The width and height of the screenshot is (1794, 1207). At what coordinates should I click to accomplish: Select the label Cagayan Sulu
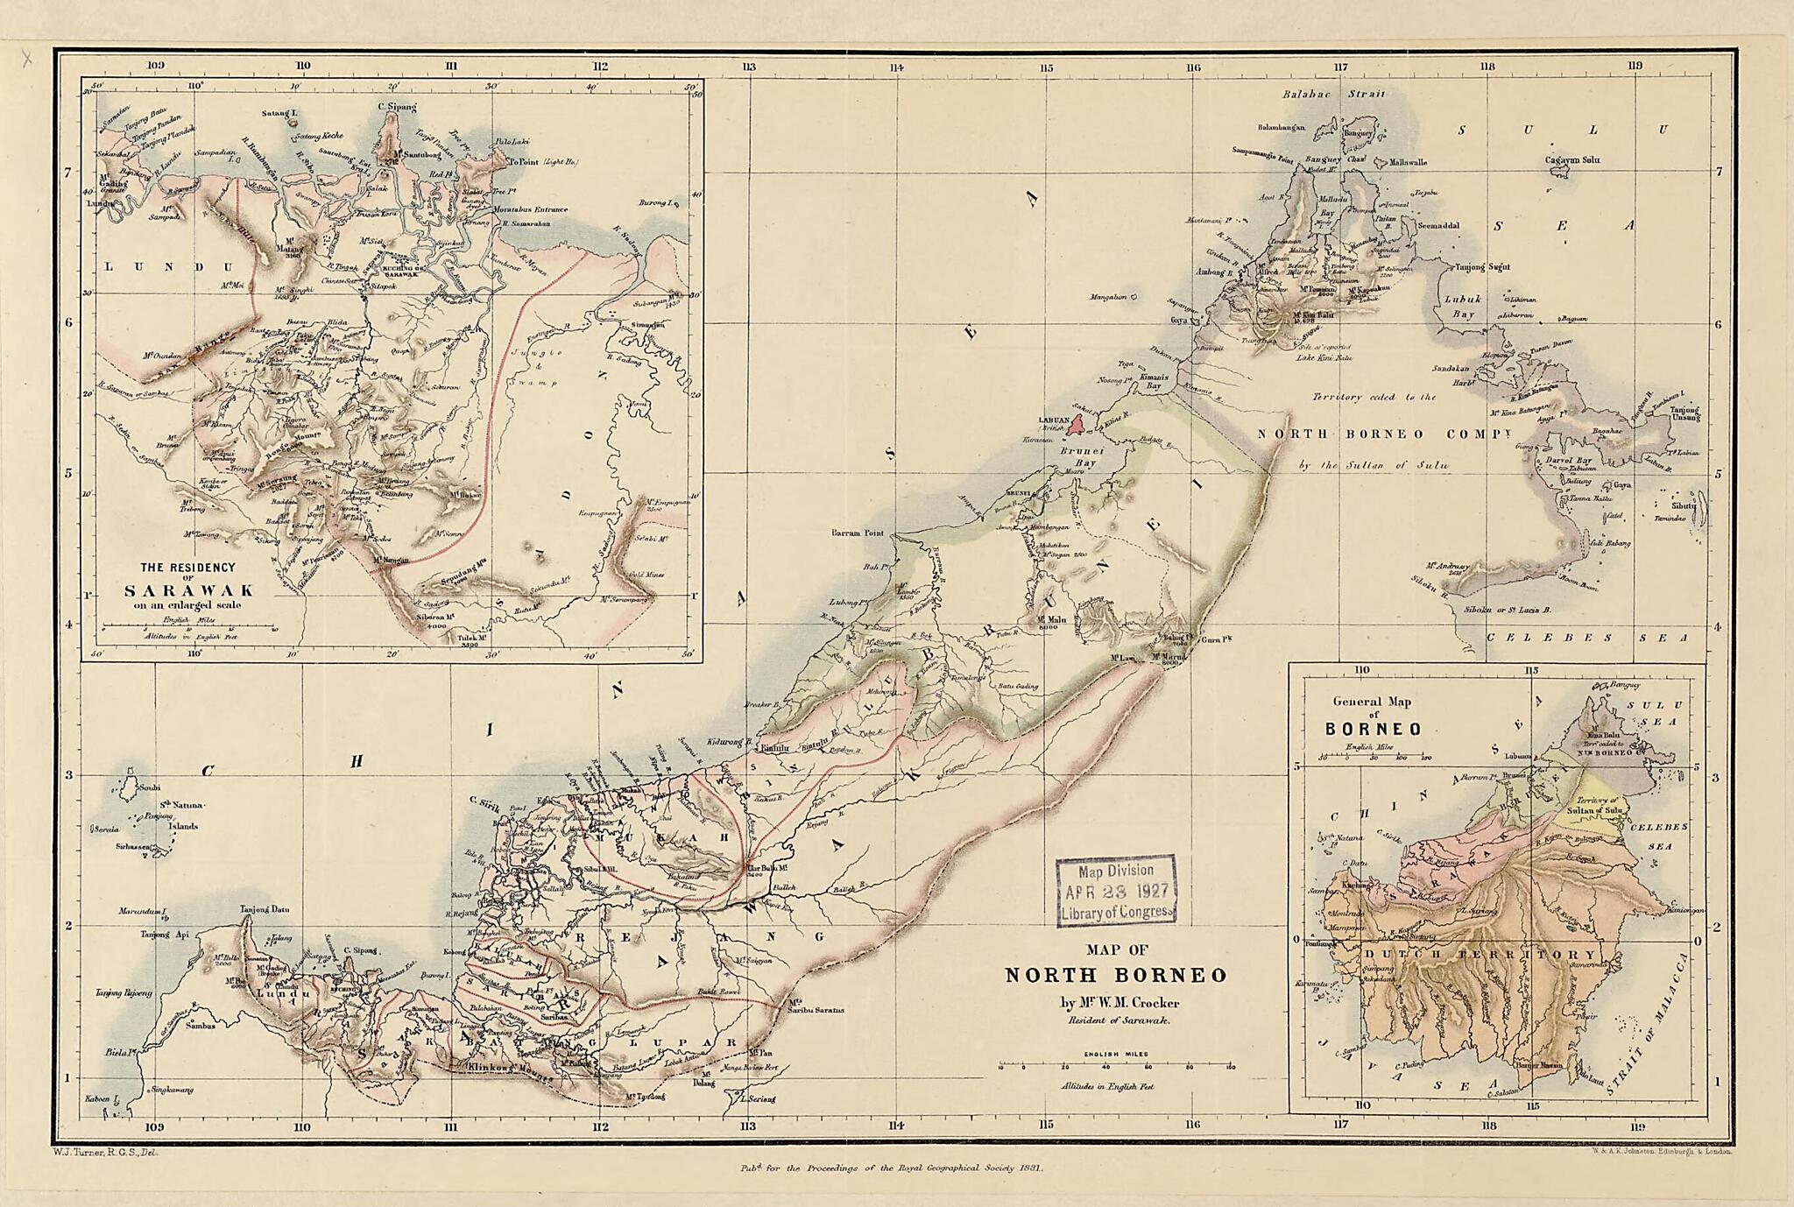tap(1572, 159)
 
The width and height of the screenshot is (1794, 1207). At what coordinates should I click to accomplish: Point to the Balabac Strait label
tap(1333, 95)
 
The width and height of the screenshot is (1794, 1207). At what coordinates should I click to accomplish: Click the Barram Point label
tap(858, 533)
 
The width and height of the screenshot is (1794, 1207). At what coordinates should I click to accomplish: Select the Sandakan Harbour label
tap(1451, 374)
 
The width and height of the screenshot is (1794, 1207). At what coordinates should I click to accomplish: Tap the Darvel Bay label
tap(1569, 460)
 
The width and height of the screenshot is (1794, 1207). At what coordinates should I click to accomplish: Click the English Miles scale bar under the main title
tap(1115, 1066)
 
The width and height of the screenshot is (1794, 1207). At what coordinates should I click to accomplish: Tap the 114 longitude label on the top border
tap(895, 67)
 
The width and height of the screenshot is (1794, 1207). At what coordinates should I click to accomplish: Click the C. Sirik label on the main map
tap(484, 800)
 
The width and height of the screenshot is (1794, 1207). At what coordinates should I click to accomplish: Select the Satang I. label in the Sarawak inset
tap(280, 113)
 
